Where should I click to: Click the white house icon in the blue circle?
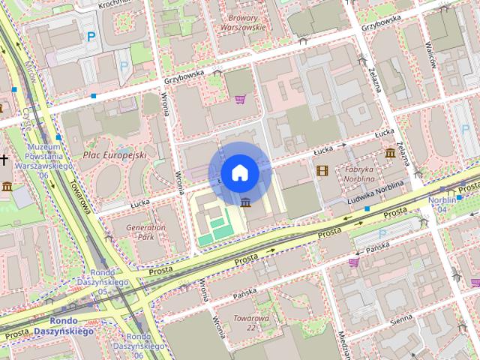click(x=239, y=172)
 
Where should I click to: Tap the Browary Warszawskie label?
click(x=242, y=22)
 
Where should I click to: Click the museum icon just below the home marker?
click(x=246, y=201)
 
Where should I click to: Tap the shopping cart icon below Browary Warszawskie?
click(x=240, y=99)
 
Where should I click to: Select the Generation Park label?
click(x=145, y=232)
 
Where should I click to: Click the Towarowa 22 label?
click(x=250, y=322)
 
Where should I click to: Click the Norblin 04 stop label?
click(x=442, y=205)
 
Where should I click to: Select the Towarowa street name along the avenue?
click(x=81, y=196)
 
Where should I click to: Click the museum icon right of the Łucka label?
click(x=390, y=154)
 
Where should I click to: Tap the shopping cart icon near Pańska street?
click(x=353, y=262)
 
